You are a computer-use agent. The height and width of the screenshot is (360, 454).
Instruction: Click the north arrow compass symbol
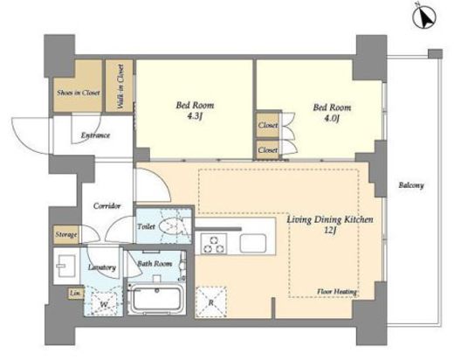(x=424, y=17)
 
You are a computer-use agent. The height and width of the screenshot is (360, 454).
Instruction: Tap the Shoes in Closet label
(x=79, y=93)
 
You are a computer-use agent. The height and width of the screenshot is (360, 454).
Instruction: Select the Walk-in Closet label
(x=120, y=87)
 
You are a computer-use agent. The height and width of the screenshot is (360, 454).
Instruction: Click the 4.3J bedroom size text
(x=195, y=116)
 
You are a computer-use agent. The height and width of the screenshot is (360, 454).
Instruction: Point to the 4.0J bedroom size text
(x=332, y=119)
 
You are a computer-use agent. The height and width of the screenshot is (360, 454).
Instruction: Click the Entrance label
(x=95, y=135)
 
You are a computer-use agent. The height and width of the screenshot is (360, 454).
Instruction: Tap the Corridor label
(x=107, y=206)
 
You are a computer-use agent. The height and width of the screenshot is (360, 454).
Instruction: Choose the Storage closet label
(x=66, y=234)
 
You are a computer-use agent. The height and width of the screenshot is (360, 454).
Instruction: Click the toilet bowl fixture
(x=171, y=226)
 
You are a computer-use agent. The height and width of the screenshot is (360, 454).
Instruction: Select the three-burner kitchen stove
(x=214, y=244)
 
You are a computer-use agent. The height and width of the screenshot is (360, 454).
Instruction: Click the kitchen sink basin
(x=253, y=243)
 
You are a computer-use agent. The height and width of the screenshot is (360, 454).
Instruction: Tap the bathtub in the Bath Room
(x=156, y=299)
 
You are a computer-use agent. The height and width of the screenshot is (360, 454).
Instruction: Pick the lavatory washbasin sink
(x=66, y=266)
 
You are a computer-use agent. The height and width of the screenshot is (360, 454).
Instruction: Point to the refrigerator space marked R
(x=210, y=302)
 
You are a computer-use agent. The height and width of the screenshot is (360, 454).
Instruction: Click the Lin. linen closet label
(x=75, y=294)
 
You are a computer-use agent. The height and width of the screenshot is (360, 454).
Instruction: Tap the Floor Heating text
(x=337, y=292)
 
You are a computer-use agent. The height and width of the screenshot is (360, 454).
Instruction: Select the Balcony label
(x=411, y=185)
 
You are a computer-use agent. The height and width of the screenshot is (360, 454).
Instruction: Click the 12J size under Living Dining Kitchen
(x=330, y=231)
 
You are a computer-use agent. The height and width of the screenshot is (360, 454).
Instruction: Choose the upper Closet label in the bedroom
(x=268, y=125)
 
